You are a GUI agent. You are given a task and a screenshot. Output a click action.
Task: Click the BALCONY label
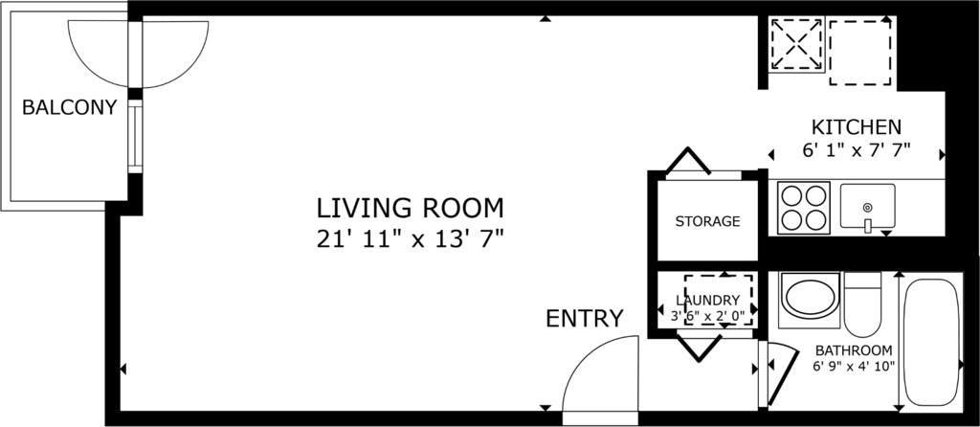(69, 107)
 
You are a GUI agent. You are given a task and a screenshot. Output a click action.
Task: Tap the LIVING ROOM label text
(410, 207)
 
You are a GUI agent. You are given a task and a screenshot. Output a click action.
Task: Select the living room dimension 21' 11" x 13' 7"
(410, 238)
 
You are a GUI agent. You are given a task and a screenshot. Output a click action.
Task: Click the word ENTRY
(585, 318)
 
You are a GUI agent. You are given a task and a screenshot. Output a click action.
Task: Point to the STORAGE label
(707, 221)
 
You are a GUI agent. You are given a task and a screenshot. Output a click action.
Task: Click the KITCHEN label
(857, 127)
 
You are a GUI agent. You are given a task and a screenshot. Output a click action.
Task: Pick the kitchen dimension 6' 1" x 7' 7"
(857, 150)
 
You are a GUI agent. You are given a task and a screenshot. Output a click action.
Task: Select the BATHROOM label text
(854, 350)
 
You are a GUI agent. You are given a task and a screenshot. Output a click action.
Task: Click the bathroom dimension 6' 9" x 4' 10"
(854, 367)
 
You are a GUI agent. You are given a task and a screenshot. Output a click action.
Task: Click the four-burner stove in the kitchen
(803, 208)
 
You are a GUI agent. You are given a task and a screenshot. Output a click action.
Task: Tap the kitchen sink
(867, 207)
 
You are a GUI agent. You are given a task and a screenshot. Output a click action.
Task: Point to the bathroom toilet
(862, 304)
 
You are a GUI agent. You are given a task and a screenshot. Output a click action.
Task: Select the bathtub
(931, 342)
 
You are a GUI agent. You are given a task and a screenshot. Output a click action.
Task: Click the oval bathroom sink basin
(810, 298)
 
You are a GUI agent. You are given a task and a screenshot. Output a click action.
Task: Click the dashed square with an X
(797, 44)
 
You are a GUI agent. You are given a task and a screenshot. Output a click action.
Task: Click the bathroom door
(782, 375)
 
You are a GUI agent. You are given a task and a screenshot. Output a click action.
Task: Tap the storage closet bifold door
(688, 161)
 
